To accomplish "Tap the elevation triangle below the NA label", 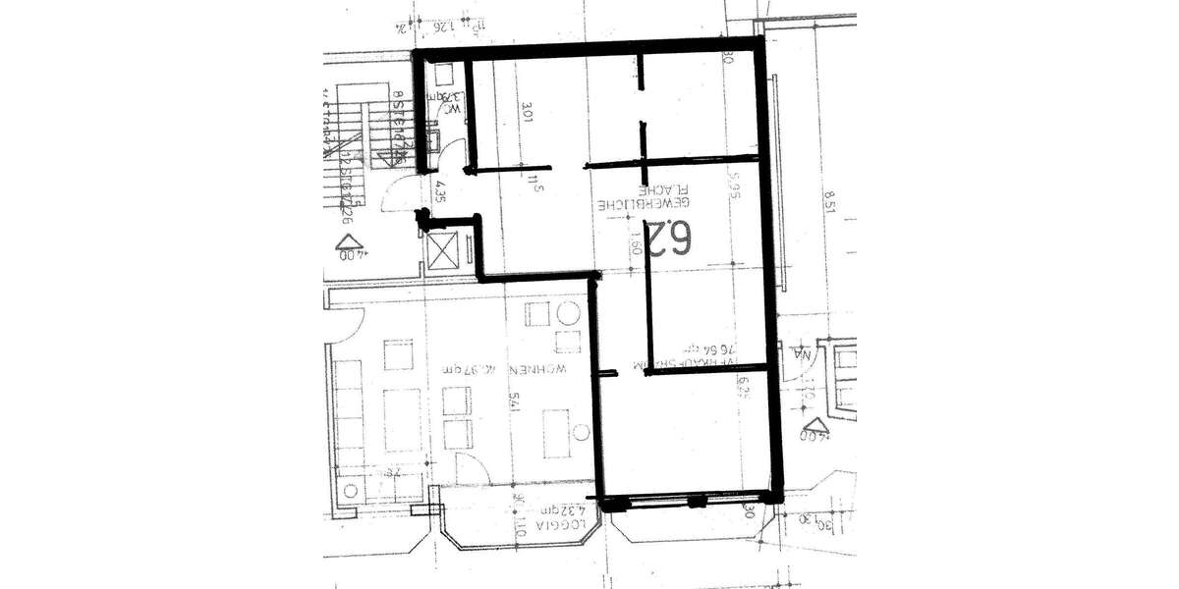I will (x=814, y=428).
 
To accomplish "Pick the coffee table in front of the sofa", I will (x=402, y=420).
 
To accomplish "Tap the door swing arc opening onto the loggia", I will (x=468, y=468).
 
